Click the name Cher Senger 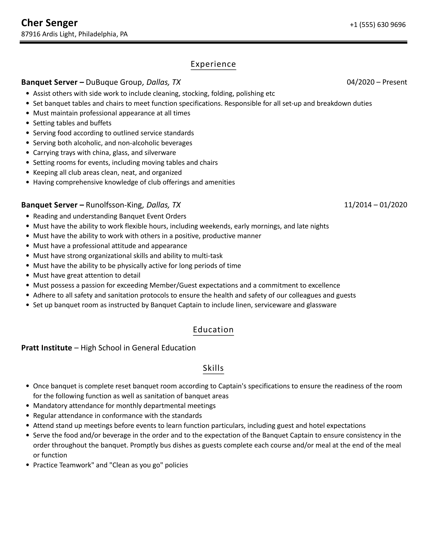tap(49, 23)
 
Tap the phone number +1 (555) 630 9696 tap(378, 25)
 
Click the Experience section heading tap(213, 64)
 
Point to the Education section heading tap(213, 329)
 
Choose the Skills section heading tap(213, 368)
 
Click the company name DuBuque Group tap(114, 82)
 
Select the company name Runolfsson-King tap(114, 205)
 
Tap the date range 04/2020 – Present tap(377, 82)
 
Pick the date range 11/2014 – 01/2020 tap(375, 205)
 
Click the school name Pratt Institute tap(47, 348)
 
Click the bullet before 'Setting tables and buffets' tap(27, 123)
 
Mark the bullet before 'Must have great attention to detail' tap(27, 276)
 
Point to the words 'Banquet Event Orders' tap(153, 216)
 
